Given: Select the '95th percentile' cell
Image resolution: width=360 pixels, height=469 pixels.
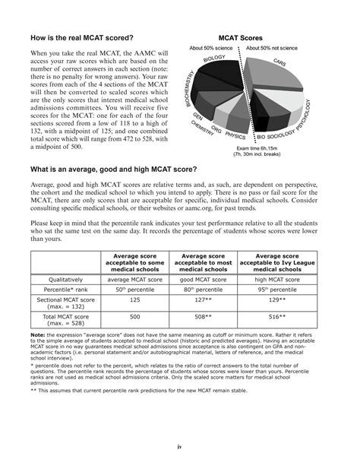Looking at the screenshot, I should [286, 290].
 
